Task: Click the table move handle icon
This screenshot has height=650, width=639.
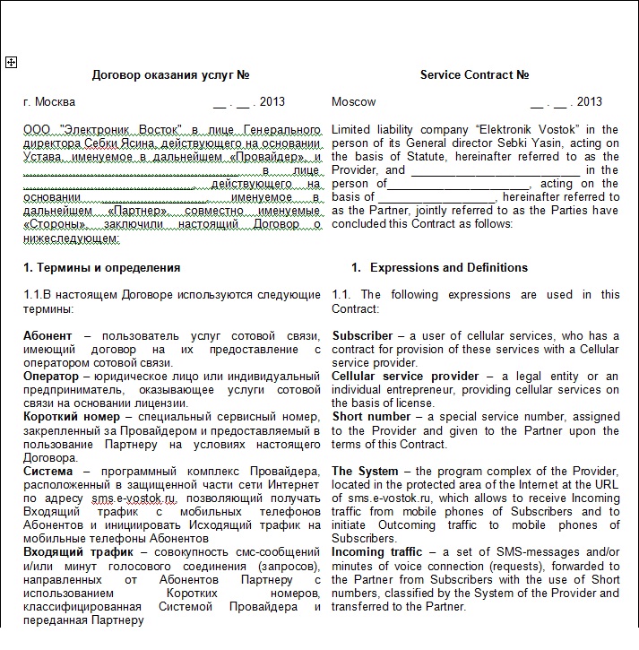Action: click(11, 62)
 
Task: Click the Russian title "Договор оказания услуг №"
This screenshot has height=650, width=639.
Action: click(170, 75)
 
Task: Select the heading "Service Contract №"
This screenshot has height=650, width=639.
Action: click(474, 75)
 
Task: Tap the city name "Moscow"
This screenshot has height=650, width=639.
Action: click(354, 102)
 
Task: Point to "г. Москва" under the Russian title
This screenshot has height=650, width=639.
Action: click(49, 102)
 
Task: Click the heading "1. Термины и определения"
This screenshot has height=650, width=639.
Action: click(101, 267)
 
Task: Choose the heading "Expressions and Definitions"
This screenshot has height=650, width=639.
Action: click(449, 267)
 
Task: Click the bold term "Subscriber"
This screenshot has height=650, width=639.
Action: click(362, 335)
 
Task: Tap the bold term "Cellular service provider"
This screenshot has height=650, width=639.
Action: click(405, 377)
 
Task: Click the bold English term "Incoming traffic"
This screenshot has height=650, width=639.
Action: click(375, 552)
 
